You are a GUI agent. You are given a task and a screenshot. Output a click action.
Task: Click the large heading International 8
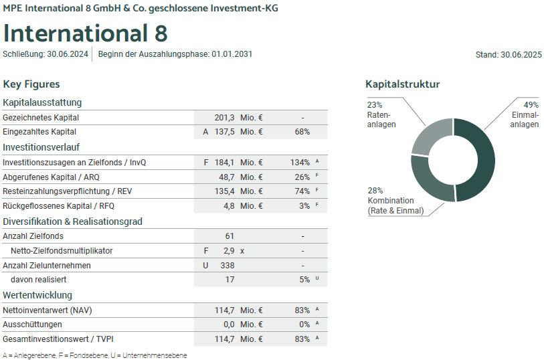coord(85,33)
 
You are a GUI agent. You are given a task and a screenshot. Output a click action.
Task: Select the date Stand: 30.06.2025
coord(508,56)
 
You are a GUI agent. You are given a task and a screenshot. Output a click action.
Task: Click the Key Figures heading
coord(31,84)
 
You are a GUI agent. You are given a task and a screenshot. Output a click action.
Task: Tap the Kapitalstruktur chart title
coord(402,84)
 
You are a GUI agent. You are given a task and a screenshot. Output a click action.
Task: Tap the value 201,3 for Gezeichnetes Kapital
coord(224,118)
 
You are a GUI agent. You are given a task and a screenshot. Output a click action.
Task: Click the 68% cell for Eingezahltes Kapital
coord(302,132)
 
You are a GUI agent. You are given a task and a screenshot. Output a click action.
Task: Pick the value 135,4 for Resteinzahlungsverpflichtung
coord(224,191)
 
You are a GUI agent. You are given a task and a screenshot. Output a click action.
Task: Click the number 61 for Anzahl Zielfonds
coord(230,236)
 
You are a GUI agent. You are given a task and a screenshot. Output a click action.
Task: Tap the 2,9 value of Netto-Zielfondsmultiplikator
coord(229,251)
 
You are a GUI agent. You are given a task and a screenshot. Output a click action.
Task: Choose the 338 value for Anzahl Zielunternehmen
coord(228,265)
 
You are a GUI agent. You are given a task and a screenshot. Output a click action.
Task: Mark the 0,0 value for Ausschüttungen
coord(228,325)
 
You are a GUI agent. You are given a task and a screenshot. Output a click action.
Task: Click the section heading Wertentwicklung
coord(37,295)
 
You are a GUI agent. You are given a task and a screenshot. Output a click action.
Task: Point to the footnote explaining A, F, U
coord(95,355)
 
